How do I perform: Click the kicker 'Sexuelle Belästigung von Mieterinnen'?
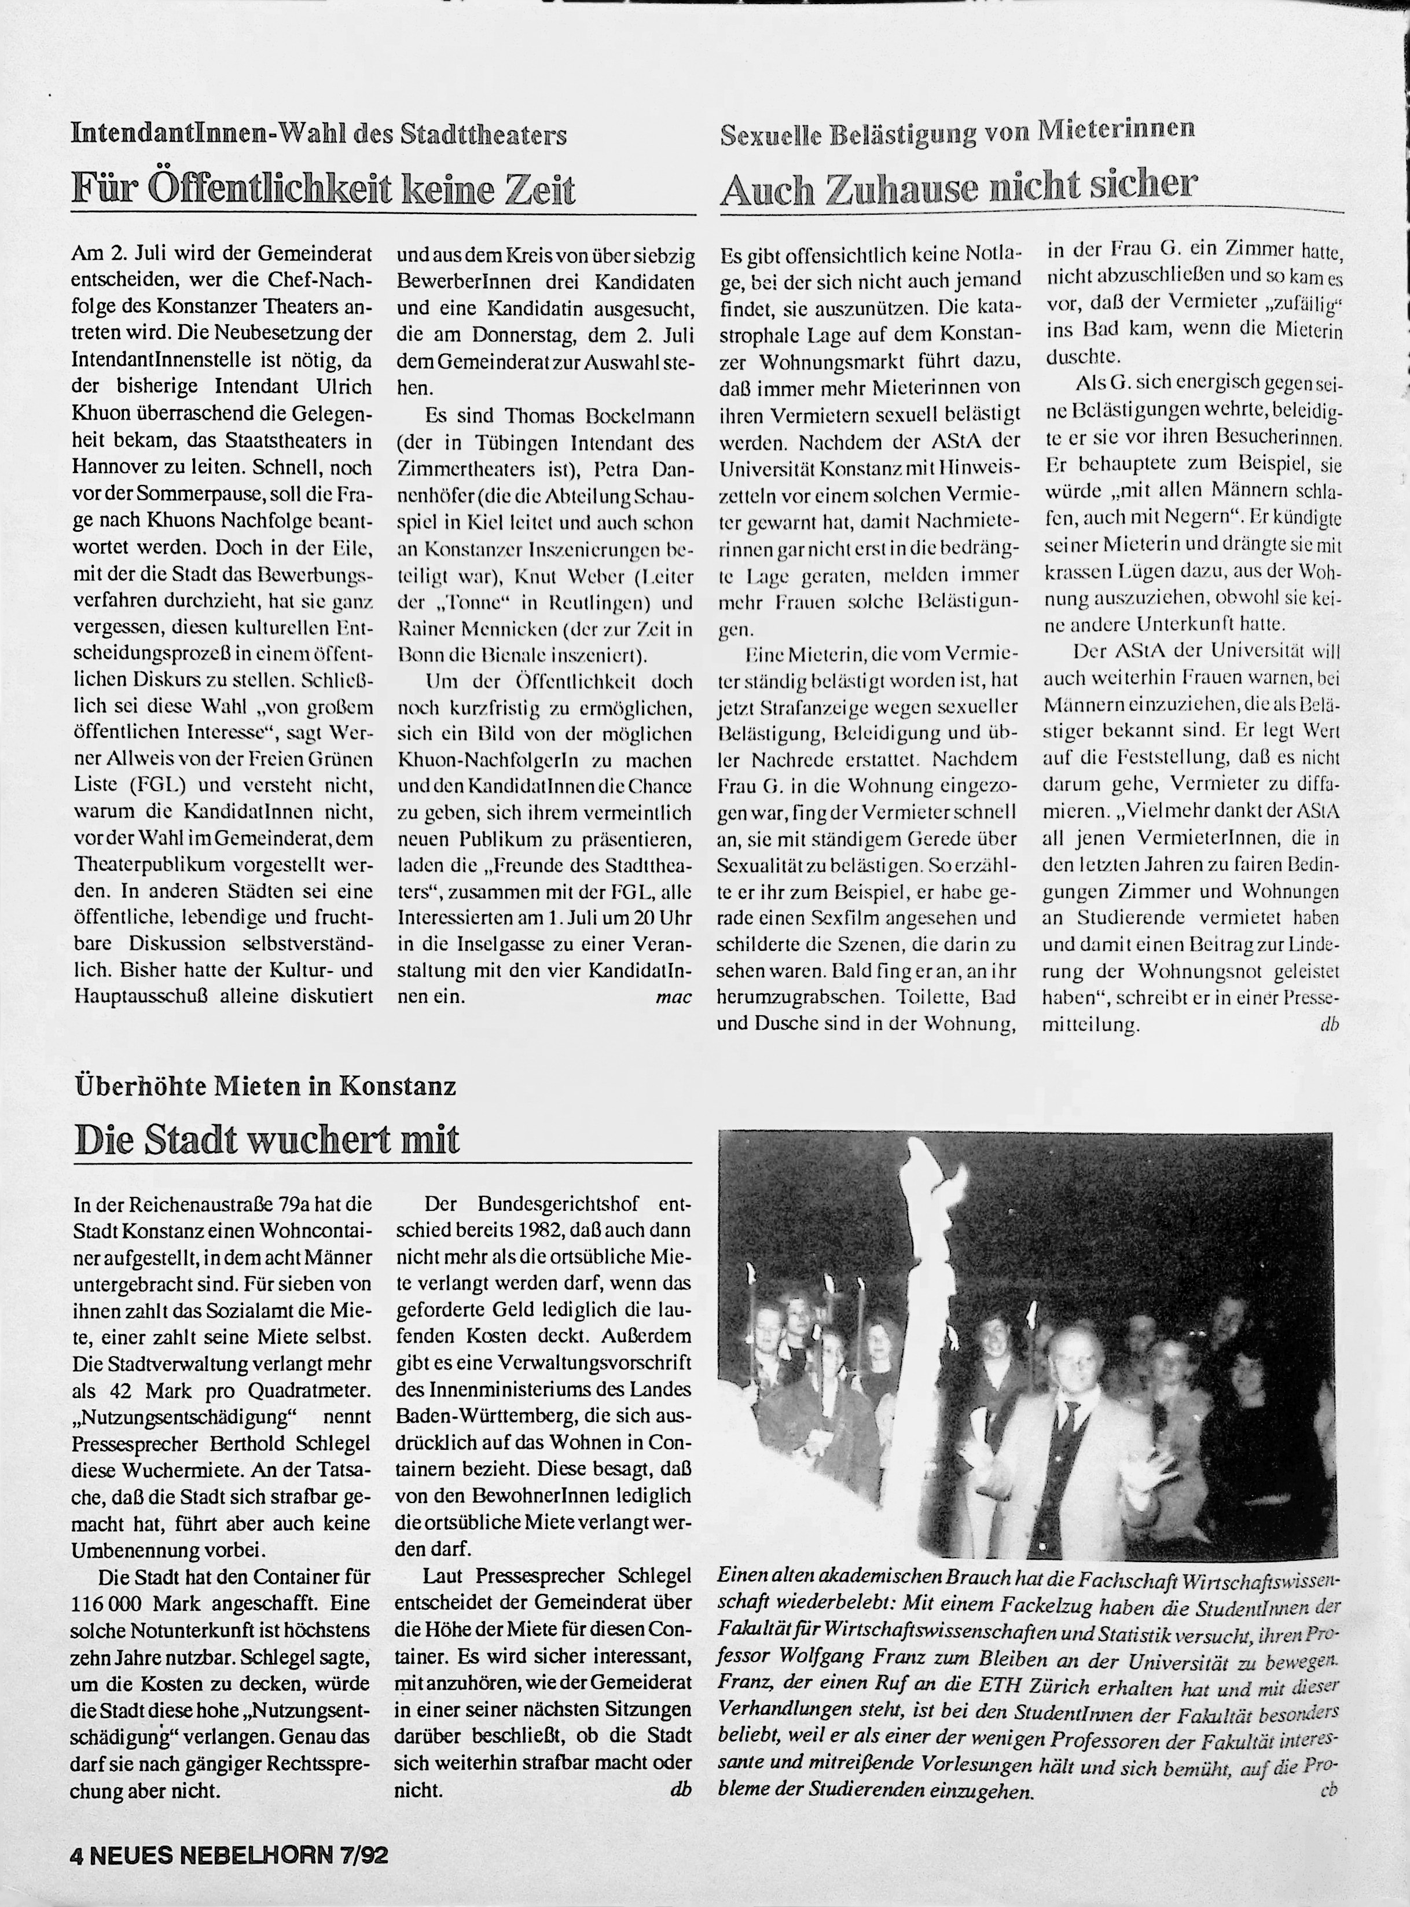pos(957,133)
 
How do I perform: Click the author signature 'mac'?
pos(673,997)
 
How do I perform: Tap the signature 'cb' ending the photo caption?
pos(1327,1790)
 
